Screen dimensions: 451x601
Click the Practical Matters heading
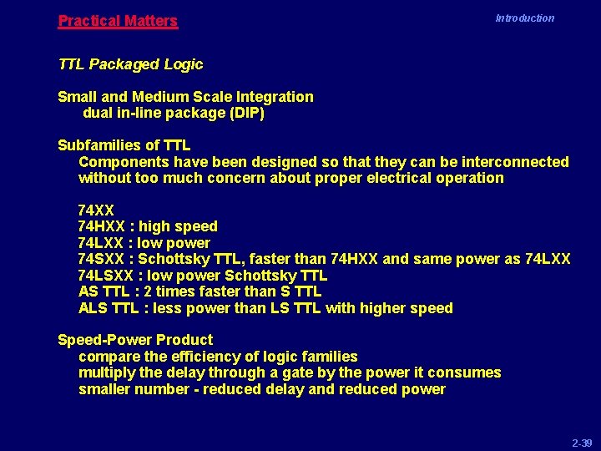(118, 21)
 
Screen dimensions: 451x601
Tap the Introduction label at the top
(524, 18)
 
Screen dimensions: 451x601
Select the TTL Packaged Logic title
(130, 64)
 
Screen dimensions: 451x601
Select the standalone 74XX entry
(96, 210)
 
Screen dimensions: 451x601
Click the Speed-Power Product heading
(135, 340)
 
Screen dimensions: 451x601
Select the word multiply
(105, 372)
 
